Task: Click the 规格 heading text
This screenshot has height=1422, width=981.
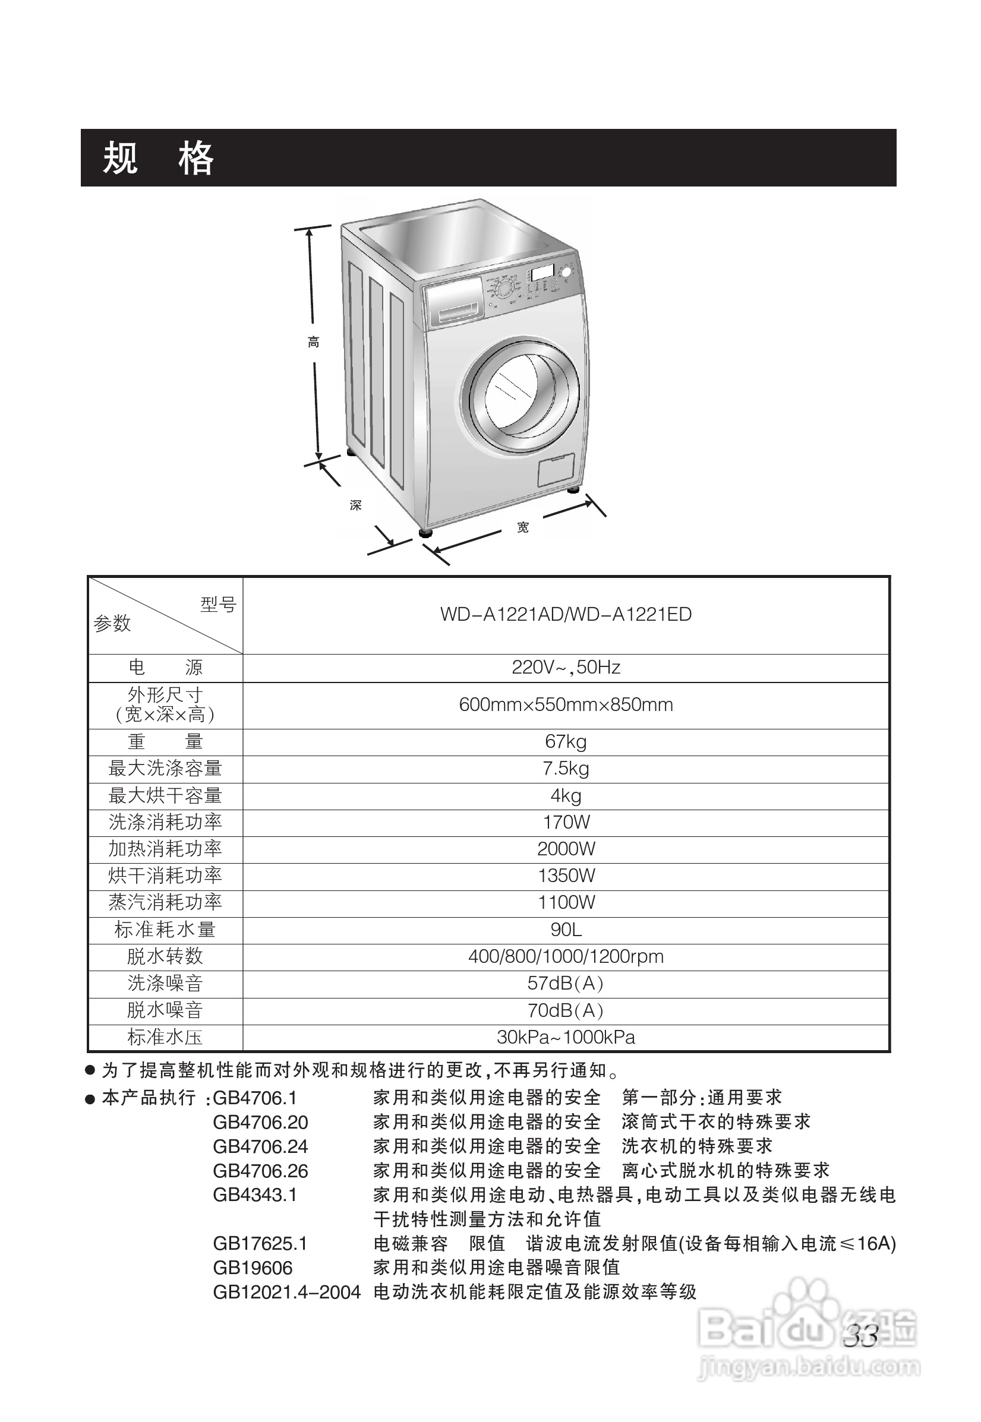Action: tap(158, 158)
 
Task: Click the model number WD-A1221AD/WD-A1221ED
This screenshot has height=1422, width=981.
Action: tap(566, 615)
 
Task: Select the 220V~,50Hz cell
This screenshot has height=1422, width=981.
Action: tap(566, 668)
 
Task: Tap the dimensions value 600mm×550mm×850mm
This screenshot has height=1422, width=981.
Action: tap(566, 705)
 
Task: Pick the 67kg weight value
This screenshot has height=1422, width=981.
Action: tap(566, 742)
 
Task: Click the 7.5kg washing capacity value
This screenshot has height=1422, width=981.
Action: tap(566, 769)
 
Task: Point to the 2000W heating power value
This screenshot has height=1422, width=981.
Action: tap(566, 849)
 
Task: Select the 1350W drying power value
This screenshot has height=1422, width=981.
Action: tap(566, 876)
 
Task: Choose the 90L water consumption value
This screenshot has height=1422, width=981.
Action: tap(566, 930)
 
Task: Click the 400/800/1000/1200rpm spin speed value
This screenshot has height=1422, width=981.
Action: tap(566, 957)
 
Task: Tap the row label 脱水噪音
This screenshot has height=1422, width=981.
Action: tap(165, 1010)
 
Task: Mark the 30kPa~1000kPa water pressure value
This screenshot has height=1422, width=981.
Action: tap(566, 1037)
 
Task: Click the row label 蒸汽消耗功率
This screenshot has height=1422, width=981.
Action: tap(165, 903)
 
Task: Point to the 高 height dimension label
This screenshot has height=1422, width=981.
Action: tap(314, 342)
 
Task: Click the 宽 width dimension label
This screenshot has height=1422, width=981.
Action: tap(522, 527)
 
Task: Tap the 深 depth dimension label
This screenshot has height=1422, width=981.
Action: tap(355, 505)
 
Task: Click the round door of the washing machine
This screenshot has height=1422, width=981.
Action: tap(520, 393)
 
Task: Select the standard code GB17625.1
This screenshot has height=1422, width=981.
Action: tap(260, 1244)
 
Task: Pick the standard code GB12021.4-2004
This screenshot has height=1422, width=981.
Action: tap(286, 1293)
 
